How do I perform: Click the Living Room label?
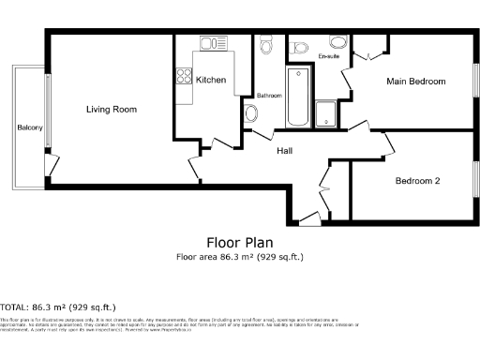coord(112,110)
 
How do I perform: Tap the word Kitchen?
coord(211,81)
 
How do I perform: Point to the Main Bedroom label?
coord(416,82)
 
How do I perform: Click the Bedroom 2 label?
coord(417,181)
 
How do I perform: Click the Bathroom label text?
coord(269,96)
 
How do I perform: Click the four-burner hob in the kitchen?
coord(183,81)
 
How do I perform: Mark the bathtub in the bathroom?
coord(299,97)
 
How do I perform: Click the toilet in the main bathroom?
coord(265,46)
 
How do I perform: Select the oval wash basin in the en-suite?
coord(336,41)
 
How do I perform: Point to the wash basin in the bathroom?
coord(251,113)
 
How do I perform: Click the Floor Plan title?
coord(239,242)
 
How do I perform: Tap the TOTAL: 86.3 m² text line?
coord(58,307)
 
